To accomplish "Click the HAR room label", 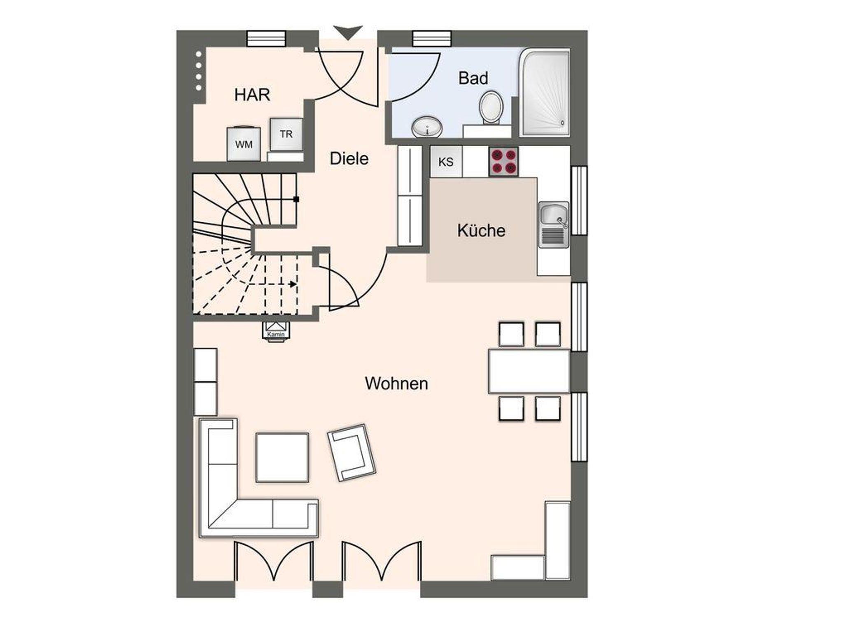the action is (x=252, y=95).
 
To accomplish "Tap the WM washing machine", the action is (x=244, y=143).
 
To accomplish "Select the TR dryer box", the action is (x=286, y=134).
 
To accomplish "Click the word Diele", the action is (x=349, y=158).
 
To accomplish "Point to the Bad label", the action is (x=473, y=78).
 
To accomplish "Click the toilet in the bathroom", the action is (x=491, y=107).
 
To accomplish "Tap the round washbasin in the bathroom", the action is (x=427, y=127).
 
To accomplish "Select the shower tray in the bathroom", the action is (x=545, y=93).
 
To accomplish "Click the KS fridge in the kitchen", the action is (x=446, y=162).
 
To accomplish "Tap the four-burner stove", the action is (x=504, y=162).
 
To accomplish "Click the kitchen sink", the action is (x=554, y=225).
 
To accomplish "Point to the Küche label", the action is (x=481, y=230).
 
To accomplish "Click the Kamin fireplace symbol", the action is (x=276, y=330).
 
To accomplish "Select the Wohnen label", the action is (x=396, y=384).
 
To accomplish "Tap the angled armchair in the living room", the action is (x=352, y=453).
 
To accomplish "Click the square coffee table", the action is (x=282, y=457).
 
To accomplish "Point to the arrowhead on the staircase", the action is (x=293, y=284).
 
